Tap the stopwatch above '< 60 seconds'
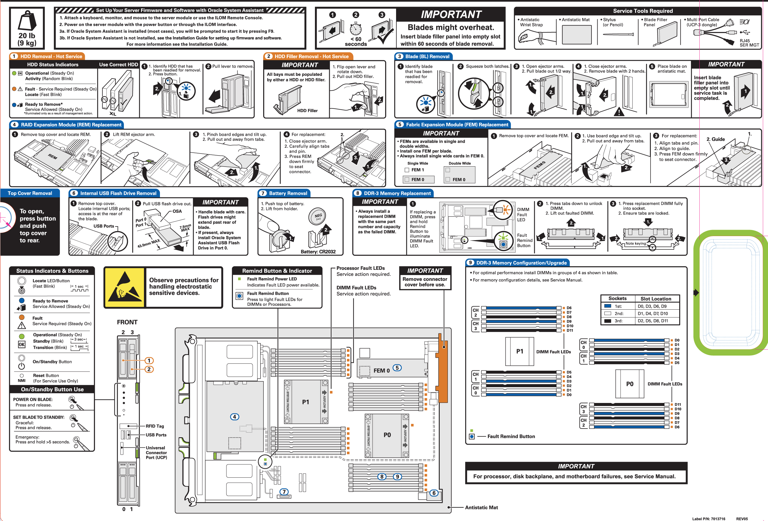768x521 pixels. (x=356, y=29)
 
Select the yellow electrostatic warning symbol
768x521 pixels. (x=124, y=287)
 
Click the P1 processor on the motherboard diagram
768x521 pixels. (x=305, y=402)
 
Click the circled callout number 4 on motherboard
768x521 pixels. (x=234, y=417)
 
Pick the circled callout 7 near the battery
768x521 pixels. (x=284, y=492)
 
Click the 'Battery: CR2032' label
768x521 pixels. (x=318, y=252)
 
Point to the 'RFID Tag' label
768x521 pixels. (x=155, y=426)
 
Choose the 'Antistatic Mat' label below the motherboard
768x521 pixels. (x=481, y=507)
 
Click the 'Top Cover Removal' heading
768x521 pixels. (x=30, y=193)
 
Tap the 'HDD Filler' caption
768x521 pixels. (x=307, y=111)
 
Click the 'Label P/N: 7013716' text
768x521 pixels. (x=708, y=519)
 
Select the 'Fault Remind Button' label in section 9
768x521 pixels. (x=511, y=436)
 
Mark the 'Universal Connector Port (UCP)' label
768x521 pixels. (x=156, y=453)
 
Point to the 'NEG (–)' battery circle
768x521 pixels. (x=318, y=216)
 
